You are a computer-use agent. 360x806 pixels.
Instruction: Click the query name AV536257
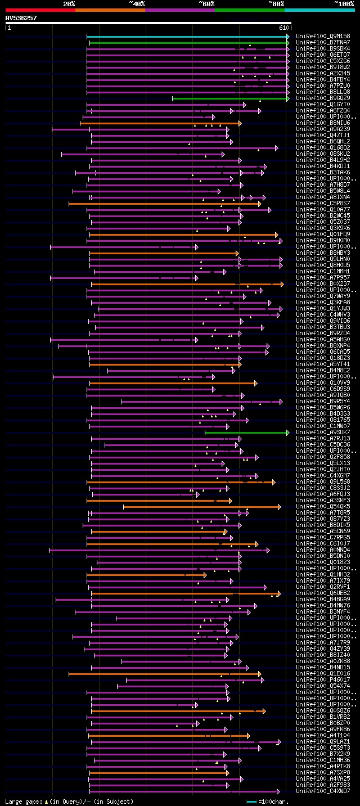click(21, 18)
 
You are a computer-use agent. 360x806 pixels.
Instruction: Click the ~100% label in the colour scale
click(344, 3)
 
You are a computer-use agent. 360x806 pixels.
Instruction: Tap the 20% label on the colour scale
click(69, 3)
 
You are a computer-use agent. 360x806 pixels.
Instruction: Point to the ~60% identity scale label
click(206, 3)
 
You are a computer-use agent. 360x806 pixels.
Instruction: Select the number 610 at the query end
click(284, 27)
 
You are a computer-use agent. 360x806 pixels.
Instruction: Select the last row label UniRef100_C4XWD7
click(323, 791)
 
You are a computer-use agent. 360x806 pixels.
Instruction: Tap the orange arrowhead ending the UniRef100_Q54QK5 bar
click(279, 507)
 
